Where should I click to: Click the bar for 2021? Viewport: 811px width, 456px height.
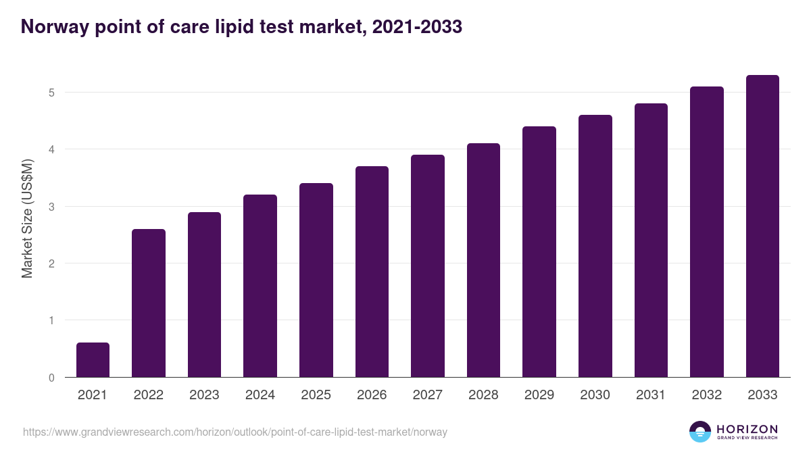point(93,360)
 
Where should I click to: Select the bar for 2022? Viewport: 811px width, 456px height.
point(149,303)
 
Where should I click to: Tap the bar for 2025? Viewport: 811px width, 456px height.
point(316,280)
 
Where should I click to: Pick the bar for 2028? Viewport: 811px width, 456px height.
point(483,260)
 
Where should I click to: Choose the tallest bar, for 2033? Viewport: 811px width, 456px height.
point(762,226)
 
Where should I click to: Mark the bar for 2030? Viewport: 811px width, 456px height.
point(595,246)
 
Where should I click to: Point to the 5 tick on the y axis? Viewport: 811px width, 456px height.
point(51,93)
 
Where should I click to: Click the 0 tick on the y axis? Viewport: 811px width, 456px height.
point(51,378)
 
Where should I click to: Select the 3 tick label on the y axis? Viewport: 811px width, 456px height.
point(51,207)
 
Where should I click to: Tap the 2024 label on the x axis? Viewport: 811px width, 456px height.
point(260,395)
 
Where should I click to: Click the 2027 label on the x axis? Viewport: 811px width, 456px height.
point(428,395)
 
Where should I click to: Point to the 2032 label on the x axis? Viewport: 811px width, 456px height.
point(706,395)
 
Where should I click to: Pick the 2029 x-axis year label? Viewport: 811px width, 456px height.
point(539,395)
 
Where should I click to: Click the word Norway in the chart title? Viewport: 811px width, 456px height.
point(53,26)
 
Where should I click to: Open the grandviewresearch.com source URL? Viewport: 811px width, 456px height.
point(235,432)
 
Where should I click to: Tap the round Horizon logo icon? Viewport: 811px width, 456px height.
point(700,432)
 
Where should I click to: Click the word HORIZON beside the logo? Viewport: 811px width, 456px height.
point(747,429)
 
